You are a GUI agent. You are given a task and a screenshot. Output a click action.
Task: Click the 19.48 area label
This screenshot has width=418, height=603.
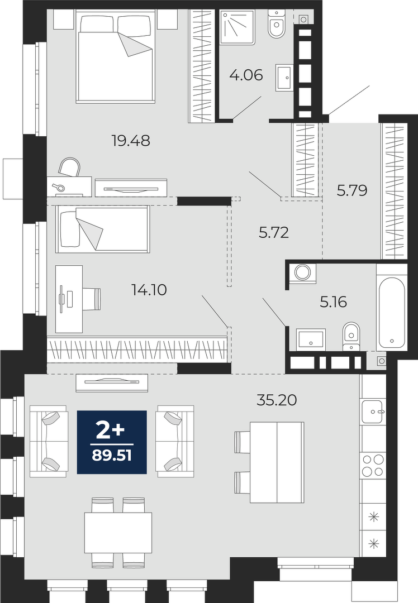point(130,140)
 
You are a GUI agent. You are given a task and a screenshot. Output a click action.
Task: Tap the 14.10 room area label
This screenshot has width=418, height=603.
point(149,290)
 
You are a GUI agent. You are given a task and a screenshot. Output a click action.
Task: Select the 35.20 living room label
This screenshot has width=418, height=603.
point(277,400)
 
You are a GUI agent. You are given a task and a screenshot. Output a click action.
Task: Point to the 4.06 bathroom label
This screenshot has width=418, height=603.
point(246,75)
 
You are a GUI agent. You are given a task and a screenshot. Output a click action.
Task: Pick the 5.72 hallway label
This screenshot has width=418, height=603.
point(274,232)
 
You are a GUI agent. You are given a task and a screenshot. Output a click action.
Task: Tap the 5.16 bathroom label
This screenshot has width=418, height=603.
point(333,302)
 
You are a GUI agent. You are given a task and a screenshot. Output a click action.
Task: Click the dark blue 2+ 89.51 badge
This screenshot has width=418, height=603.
point(112,442)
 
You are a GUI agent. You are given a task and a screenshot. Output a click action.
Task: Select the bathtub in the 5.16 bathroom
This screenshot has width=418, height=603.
point(391,307)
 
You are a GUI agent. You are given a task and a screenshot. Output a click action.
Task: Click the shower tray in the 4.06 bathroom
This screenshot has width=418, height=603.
point(237,27)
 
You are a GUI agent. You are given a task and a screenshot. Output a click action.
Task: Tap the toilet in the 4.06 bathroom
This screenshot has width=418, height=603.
point(276,23)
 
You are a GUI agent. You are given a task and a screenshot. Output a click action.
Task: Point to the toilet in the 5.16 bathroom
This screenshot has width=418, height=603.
point(350,336)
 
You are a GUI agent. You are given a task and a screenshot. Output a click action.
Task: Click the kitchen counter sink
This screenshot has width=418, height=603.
point(373,411)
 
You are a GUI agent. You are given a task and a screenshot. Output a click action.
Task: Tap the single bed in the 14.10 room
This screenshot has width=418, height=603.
point(102,229)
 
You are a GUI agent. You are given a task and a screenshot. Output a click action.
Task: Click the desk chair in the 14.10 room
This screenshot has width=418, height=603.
point(92,299)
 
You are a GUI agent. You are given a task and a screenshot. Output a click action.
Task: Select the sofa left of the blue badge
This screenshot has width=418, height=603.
point(49,441)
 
